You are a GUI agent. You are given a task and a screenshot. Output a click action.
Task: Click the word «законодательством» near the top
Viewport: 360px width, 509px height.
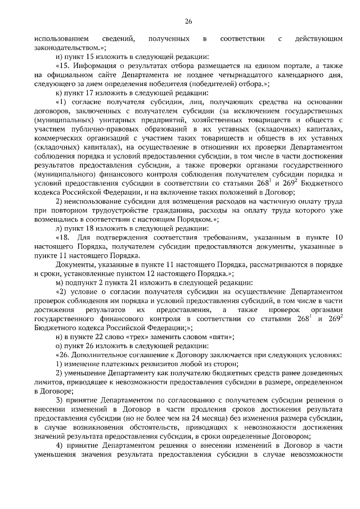(67, 49)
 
